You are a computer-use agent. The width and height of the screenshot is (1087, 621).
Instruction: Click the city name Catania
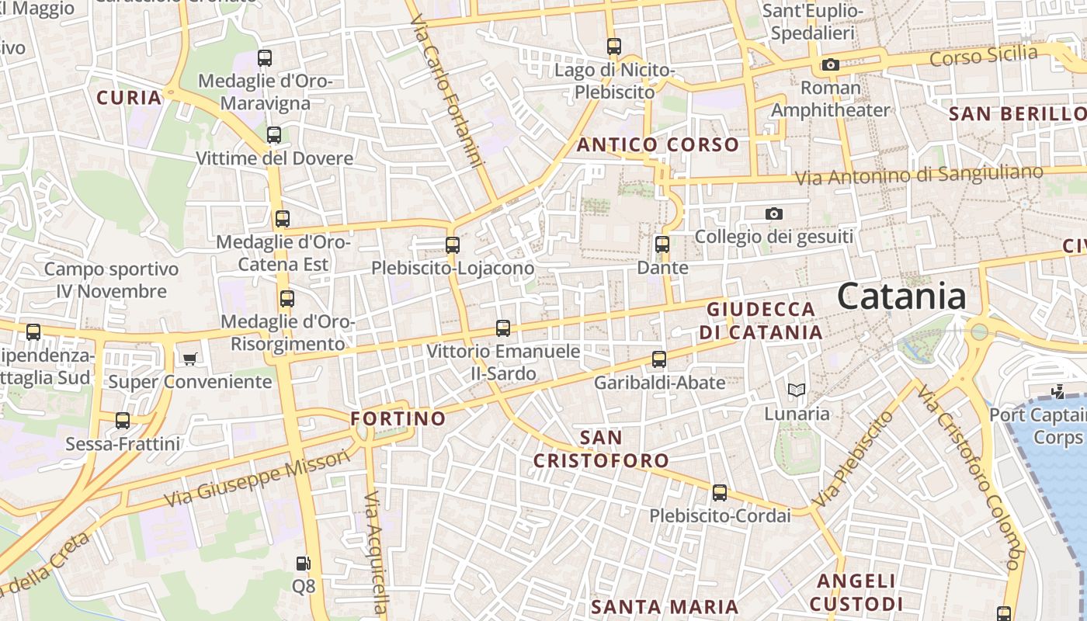point(902,297)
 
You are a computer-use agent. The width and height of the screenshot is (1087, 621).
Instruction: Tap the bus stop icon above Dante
point(662,245)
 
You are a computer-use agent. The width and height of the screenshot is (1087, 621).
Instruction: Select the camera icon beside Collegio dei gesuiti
point(774,213)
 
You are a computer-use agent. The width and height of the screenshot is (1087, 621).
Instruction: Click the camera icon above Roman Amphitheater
point(831,64)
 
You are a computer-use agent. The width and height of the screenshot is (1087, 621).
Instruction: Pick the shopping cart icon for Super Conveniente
point(189,358)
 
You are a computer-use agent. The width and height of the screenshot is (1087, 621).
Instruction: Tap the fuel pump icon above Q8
point(304,563)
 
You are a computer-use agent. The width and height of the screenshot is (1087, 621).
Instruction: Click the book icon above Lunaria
point(797,390)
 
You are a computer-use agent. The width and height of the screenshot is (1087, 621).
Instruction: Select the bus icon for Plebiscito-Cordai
point(720,492)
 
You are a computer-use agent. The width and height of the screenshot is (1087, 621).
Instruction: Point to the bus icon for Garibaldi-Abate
point(659,359)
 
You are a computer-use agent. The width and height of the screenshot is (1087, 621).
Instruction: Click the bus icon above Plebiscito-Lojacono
point(453,245)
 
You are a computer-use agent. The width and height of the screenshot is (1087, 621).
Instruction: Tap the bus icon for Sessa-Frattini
point(123,421)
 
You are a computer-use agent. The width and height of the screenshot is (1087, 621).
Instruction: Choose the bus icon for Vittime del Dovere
point(274,135)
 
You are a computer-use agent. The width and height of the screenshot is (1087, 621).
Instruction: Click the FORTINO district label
point(398,419)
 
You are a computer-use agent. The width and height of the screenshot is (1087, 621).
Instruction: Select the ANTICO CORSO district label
point(658,144)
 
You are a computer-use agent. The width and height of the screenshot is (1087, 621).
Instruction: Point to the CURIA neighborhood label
point(129,98)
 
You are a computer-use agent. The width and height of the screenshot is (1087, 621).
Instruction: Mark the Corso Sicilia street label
point(984,56)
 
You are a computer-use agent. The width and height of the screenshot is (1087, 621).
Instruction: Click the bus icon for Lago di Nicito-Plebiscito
point(614,47)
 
